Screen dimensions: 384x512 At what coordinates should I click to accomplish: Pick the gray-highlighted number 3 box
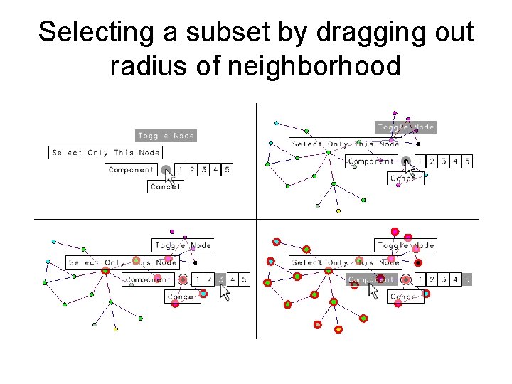tap(220, 279)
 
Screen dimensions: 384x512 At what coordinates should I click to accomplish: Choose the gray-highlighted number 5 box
tap(467, 279)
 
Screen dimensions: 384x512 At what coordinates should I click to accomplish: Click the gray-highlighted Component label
tap(371, 279)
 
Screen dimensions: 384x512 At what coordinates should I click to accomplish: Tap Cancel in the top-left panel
tap(165, 186)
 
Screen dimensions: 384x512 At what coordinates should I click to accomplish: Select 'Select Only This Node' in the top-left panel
tap(105, 153)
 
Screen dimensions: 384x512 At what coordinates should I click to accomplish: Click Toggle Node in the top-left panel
tap(166, 135)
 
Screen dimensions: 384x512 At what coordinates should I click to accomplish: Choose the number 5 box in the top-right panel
tap(467, 161)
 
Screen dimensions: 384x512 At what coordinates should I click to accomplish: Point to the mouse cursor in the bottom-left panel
tap(225, 292)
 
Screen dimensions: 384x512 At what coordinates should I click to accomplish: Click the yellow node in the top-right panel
tap(338, 210)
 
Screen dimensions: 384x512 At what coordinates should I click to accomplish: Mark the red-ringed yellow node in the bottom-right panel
tap(338, 329)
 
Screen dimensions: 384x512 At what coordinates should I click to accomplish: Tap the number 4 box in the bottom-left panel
tap(233, 279)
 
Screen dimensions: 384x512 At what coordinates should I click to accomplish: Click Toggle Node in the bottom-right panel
tap(406, 245)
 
